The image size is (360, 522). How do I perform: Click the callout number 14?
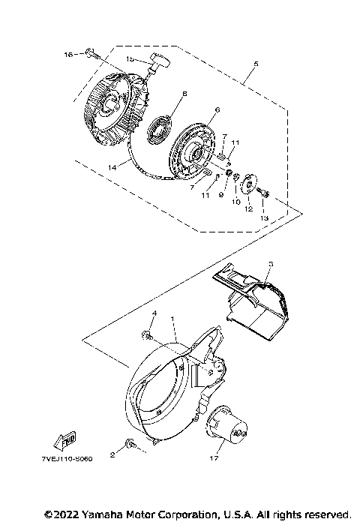pyautogui.click(x=112, y=168)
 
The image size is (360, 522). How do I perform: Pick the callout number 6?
pyautogui.click(x=217, y=110)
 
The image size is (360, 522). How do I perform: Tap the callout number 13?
pyautogui.click(x=262, y=217)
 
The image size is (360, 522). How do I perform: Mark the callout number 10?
pyautogui.click(x=235, y=202)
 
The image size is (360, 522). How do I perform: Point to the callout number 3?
pyautogui.click(x=271, y=264)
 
